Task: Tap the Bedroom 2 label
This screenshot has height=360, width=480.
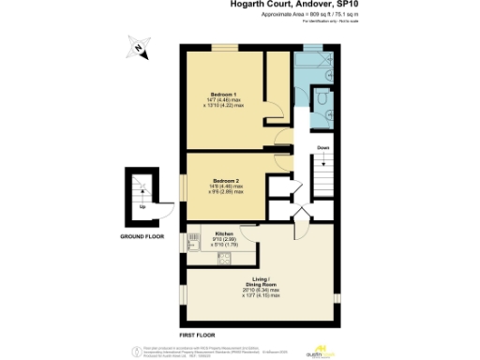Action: click(x=225, y=179)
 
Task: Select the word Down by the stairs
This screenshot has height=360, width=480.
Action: click(x=322, y=146)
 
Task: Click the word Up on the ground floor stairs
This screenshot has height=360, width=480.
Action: click(x=142, y=206)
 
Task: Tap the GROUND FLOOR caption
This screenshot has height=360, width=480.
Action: click(x=142, y=236)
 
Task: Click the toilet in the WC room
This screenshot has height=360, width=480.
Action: click(x=321, y=97)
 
